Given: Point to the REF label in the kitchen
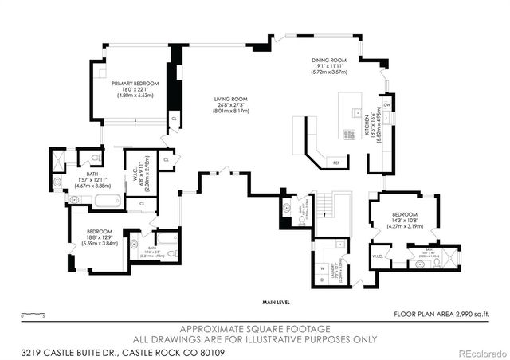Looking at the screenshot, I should [x=336, y=162].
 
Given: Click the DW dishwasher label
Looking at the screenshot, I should [x=386, y=104].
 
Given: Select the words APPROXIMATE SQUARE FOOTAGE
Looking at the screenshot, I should [x=254, y=327].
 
